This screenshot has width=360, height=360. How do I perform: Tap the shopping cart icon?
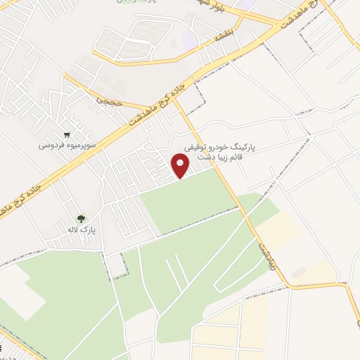click(67, 135)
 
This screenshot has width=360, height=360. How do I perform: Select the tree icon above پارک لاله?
click(82, 219)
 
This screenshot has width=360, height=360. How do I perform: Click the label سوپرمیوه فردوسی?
click(63, 147)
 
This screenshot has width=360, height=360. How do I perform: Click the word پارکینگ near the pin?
click(241, 148)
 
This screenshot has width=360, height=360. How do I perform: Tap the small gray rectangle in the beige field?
click(299, 271)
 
